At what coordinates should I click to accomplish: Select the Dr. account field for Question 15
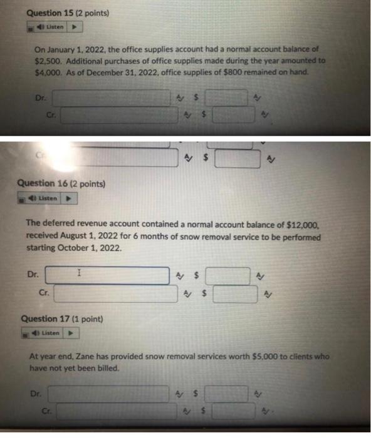tap(112, 98)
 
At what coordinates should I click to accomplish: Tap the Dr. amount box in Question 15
tap(226, 98)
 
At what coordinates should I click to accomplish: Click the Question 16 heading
tap(61, 184)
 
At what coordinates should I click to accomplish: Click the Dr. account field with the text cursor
tap(107, 275)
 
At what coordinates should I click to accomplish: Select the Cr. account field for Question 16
tap(115, 293)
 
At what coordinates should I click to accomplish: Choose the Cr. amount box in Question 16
tap(234, 293)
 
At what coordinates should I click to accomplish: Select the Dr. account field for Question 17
tap(108, 394)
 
